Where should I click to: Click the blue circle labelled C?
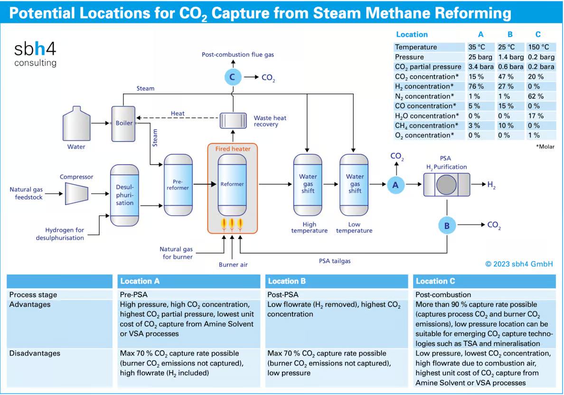tap(232, 77)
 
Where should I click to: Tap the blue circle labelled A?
tap(395, 185)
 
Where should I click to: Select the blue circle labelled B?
tap(447, 226)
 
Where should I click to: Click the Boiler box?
tap(123, 123)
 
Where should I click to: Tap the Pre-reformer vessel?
tap(178, 185)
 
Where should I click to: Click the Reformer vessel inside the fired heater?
tap(232, 184)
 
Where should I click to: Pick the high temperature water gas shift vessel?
tap(308, 184)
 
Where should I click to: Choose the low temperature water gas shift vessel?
tap(354, 184)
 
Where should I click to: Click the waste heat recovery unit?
tap(233, 120)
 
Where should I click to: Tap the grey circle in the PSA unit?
tap(447, 185)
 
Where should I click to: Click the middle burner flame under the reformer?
tap(232, 224)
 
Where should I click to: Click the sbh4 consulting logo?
tap(36, 53)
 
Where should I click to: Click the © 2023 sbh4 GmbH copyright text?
tap(519, 264)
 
